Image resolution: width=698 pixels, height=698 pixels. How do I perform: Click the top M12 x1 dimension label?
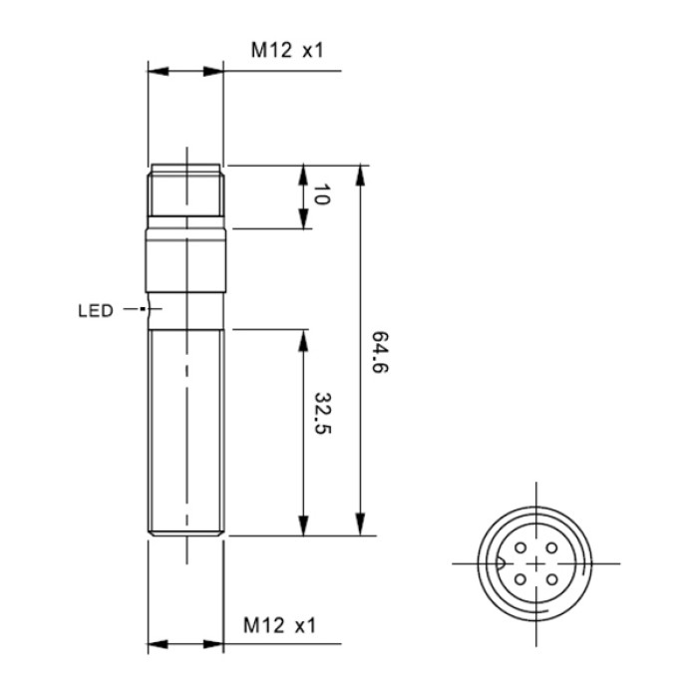point(287,50)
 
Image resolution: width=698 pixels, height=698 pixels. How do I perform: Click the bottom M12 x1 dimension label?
point(279,625)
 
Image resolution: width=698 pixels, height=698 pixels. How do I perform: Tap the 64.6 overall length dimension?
point(380,352)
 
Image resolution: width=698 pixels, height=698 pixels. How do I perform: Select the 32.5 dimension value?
point(323,413)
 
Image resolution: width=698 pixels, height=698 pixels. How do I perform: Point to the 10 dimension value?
point(321,194)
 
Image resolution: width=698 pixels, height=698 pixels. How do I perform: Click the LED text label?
point(96,311)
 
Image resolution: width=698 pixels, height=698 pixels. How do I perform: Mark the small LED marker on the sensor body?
point(142,308)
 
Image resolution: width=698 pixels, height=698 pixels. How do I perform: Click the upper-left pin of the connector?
point(521,548)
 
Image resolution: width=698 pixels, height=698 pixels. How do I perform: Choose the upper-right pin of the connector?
point(552,548)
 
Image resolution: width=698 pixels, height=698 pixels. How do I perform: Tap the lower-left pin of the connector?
point(521,579)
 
